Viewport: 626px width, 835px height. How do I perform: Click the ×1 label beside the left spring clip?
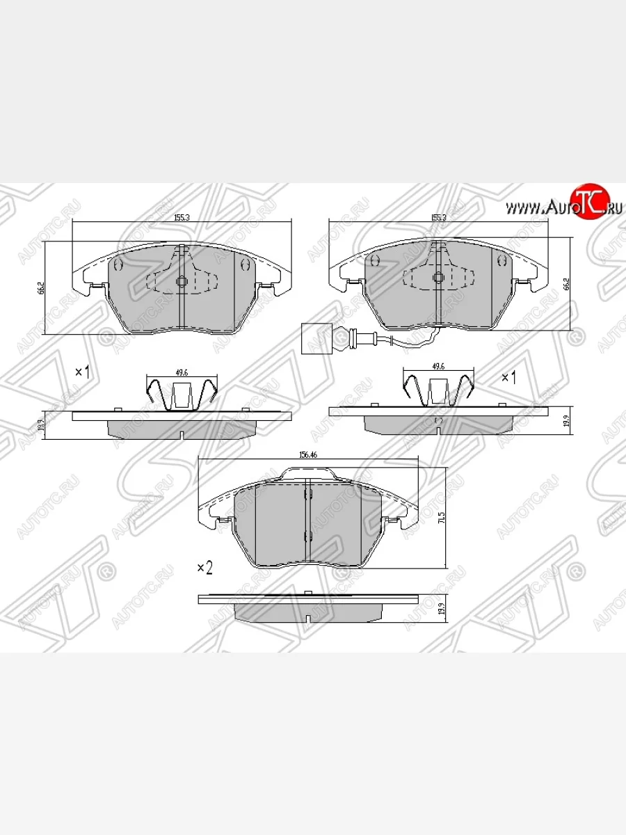tap(83, 372)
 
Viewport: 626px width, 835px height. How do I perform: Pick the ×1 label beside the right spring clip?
tap(508, 377)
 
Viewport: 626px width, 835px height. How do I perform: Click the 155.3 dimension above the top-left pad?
tap(183, 218)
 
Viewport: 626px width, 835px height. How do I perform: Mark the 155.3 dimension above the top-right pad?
tap(438, 218)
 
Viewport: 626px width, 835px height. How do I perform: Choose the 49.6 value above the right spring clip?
tap(438, 366)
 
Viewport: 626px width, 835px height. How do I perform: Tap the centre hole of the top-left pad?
tap(182, 282)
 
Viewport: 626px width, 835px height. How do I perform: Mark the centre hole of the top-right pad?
tap(439, 278)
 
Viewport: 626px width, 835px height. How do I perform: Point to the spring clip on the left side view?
tap(182, 394)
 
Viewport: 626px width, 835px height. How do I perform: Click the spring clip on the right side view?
tap(439, 388)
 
